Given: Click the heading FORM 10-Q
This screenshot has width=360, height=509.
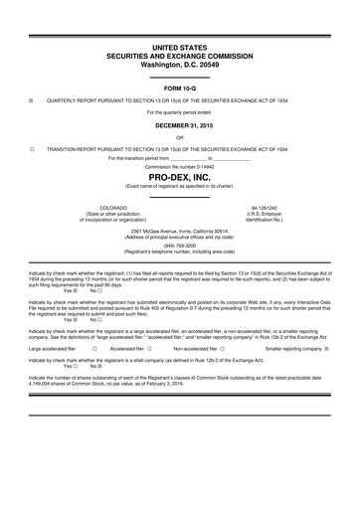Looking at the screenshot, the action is [x=180, y=87].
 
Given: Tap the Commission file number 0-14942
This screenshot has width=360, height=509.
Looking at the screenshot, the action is [x=180, y=166].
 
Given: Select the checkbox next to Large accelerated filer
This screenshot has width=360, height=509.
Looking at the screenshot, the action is [x=93, y=349].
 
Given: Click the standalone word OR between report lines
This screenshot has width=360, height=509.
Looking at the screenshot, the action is [x=180, y=137].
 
